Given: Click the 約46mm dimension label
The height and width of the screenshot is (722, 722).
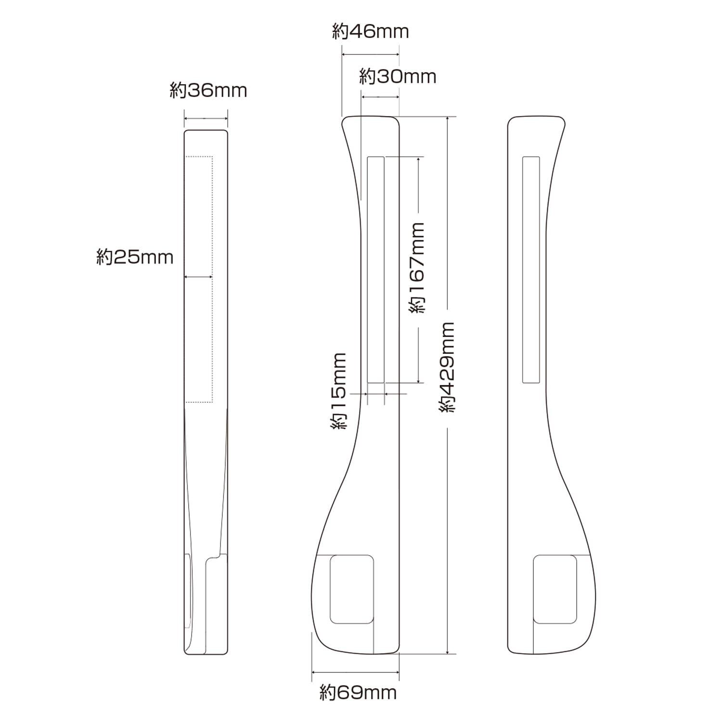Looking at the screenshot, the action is (x=371, y=32).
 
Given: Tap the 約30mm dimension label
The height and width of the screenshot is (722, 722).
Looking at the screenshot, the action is (x=398, y=77).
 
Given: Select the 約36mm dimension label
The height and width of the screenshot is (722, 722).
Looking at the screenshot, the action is (x=208, y=90).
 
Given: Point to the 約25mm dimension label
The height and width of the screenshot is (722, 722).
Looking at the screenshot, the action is (x=135, y=258).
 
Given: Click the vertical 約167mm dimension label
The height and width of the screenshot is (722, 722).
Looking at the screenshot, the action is (x=417, y=268).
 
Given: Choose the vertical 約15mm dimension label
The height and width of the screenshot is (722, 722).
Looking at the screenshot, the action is (x=338, y=391).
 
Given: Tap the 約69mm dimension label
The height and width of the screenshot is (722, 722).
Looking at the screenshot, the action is (x=359, y=693).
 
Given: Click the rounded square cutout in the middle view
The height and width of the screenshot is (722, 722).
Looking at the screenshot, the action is (x=352, y=590).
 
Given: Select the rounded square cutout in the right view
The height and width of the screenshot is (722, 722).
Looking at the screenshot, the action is (x=555, y=590).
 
